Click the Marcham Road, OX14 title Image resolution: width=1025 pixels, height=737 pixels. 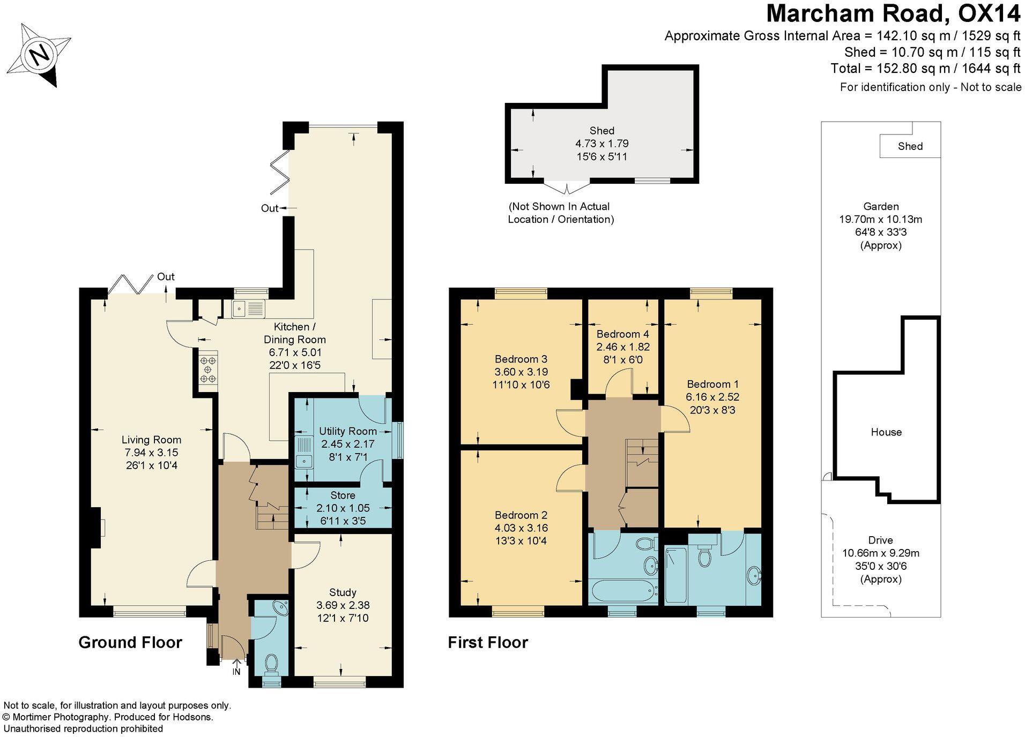click(x=893, y=14)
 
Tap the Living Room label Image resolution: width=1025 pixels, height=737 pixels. click(x=151, y=440)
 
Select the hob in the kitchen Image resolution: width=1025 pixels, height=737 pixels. click(x=208, y=370)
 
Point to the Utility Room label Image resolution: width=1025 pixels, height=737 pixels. click(x=347, y=431)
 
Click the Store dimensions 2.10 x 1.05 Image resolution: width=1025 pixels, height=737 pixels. click(x=343, y=508)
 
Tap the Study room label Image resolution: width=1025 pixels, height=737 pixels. click(x=343, y=592)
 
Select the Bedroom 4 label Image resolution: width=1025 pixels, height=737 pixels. click(x=622, y=334)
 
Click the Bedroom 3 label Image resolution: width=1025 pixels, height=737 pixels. click(x=521, y=359)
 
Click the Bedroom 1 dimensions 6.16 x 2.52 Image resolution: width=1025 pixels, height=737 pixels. click(x=712, y=397)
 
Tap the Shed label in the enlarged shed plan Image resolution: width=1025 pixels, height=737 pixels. click(x=601, y=131)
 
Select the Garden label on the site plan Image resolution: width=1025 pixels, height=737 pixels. click(x=881, y=206)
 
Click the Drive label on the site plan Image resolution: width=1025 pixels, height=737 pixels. click(x=880, y=540)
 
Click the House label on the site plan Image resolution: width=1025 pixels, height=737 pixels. click(x=886, y=432)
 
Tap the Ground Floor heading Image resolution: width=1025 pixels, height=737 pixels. click(x=130, y=642)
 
